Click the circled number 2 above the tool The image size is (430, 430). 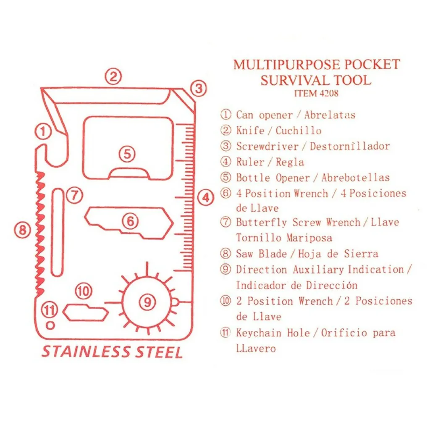(113, 76)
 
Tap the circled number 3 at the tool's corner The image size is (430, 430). (199, 88)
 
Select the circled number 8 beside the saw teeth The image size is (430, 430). (23, 230)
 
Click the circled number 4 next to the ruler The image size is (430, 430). (206, 197)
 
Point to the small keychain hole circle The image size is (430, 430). (50, 325)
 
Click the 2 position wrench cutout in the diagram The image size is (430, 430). (86, 312)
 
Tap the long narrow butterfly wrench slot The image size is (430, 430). (57, 232)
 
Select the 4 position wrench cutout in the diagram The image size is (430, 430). (129, 223)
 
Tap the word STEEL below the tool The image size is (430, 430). (159, 352)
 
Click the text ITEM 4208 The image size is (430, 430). (316, 93)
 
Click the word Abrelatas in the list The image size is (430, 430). (330, 115)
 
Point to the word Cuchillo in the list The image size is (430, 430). (299, 131)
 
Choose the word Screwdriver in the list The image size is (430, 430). (267, 146)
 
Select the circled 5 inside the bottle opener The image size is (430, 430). (127, 154)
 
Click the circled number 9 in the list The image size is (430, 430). (225, 269)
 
